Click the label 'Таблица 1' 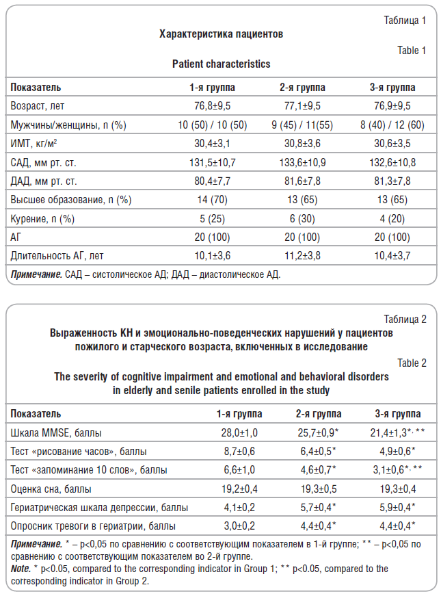(405, 20)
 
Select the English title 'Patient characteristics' (221, 64)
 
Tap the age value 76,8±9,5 (213, 105)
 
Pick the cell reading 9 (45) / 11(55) (302, 125)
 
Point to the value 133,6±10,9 (302, 163)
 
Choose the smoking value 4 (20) (392, 218)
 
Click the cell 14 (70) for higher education (213, 200)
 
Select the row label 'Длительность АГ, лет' (57, 256)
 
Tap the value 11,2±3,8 (302, 256)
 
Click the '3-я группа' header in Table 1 (392, 88)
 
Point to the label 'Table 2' (412, 363)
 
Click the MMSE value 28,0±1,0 (239, 432)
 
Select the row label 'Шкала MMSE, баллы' (56, 432)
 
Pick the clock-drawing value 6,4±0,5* (319, 451)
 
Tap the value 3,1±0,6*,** (397, 470)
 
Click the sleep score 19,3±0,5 (319, 489)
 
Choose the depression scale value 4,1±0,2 (239, 508)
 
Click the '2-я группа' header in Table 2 (319, 413)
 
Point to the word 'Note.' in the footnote (21, 569)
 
